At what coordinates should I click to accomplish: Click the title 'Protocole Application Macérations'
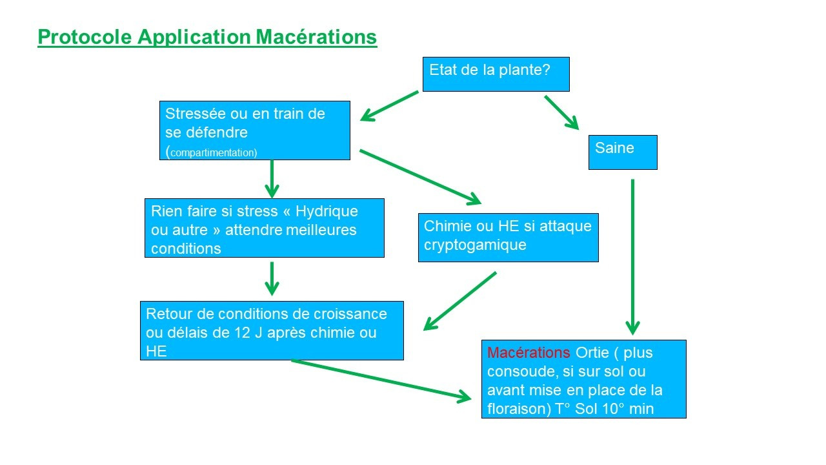[x=207, y=37]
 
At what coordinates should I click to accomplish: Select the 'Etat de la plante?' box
[x=496, y=74]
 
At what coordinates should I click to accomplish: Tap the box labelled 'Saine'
[x=622, y=152]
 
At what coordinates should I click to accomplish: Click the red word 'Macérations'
[x=529, y=353]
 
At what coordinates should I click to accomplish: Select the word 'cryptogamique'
[x=474, y=245]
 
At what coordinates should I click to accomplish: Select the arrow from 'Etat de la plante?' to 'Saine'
[x=561, y=112]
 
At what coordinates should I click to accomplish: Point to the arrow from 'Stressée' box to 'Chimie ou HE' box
[x=420, y=176]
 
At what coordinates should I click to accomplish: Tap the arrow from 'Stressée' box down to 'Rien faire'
[x=272, y=178]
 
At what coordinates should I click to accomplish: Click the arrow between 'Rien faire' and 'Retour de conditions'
[x=272, y=278]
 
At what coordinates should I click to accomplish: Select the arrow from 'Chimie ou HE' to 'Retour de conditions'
[x=459, y=301]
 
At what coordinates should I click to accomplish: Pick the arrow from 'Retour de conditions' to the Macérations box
[x=381, y=380]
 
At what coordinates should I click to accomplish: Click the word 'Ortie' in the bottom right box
[x=592, y=353]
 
